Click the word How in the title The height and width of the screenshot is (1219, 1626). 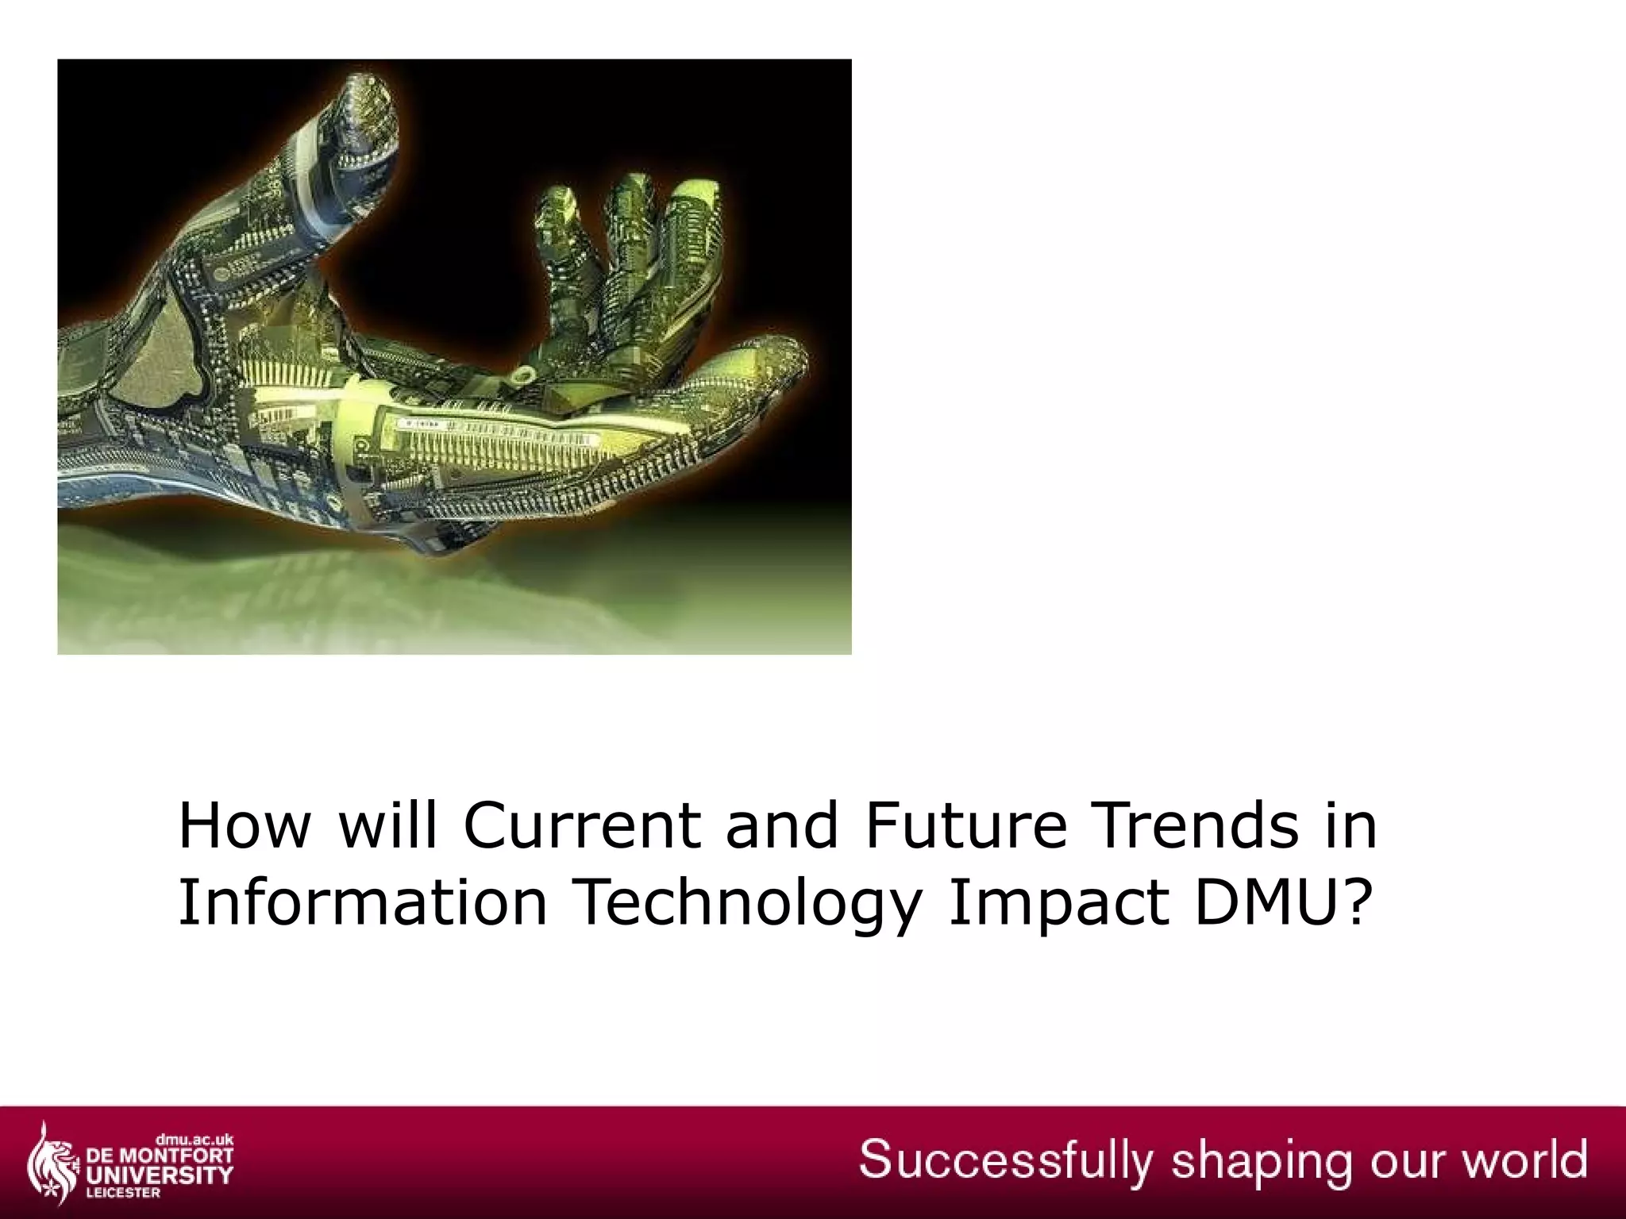tap(244, 825)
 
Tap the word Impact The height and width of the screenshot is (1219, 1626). tap(1060, 902)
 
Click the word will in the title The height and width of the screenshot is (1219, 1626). tap(388, 825)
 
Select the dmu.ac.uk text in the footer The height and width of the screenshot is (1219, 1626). tap(194, 1140)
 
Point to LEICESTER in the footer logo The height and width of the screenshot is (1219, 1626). tap(123, 1193)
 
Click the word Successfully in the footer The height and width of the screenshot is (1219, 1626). tap(1005, 1161)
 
